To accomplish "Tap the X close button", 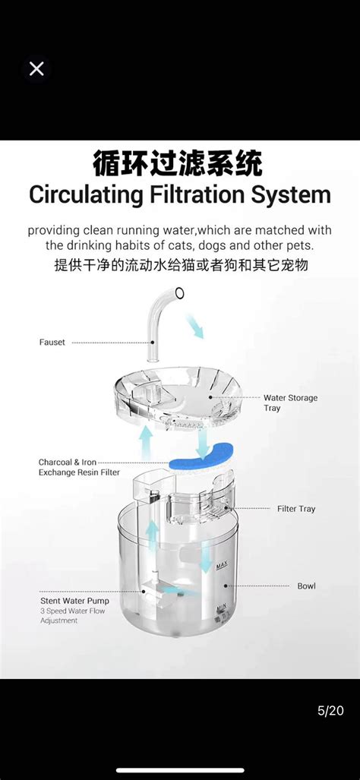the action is [x=36, y=68].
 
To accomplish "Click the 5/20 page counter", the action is [x=330, y=711].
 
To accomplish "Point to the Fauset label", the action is [x=52, y=343].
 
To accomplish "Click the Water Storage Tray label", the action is [x=290, y=403].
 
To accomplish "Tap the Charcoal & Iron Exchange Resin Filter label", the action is [x=79, y=468].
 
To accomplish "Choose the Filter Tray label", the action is [x=296, y=509].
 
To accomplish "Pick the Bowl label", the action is [x=306, y=586].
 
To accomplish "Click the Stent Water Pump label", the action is [x=74, y=601].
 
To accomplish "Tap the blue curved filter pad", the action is [x=201, y=459].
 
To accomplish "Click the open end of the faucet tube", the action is [x=179, y=293].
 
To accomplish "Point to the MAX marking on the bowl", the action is [x=222, y=567].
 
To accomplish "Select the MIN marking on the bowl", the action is [x=221, y=607].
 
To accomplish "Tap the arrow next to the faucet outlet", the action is [x=195, y=327].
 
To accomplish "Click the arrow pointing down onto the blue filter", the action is [x=202, y=444].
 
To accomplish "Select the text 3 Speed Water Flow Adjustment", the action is [x=73, y=616].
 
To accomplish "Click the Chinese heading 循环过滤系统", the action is [x=178, y=165].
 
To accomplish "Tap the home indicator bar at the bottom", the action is [x=180, y=771].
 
